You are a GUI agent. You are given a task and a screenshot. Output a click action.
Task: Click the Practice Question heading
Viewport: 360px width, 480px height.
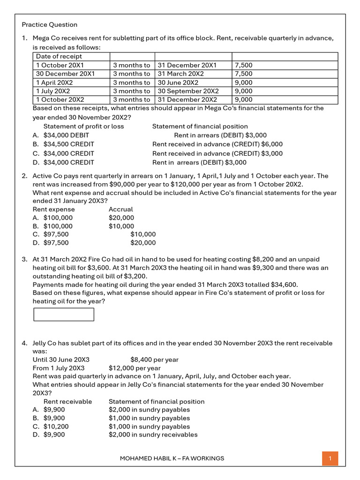tap(50, 25)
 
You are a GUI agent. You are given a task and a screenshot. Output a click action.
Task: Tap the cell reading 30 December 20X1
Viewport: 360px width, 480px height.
tap(65, 74)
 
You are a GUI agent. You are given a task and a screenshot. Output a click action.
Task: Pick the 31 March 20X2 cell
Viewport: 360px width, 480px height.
tap(180, 74)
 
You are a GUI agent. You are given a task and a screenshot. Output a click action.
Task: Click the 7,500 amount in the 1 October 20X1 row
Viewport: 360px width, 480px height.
tap(243, 66)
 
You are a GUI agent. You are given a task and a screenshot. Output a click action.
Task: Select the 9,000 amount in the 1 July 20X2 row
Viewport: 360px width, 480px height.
tap(243, 91)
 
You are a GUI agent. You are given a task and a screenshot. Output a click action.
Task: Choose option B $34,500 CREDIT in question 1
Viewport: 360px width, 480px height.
tap(68, 144)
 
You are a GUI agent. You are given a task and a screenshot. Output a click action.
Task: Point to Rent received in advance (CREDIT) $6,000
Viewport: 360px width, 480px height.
tap(217, 144)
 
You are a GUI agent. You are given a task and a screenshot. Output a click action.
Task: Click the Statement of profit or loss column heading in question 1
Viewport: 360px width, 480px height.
tap(83, 127)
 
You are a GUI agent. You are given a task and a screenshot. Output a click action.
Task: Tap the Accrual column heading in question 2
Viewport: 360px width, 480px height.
tap(120, 210)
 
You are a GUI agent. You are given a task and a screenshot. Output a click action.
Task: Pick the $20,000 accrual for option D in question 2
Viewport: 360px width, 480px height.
tap(143, 243)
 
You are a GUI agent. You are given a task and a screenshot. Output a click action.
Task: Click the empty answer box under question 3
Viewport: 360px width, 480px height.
tap(64, 315)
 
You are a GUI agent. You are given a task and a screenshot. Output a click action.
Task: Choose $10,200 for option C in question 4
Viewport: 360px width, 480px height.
tap(56, 427)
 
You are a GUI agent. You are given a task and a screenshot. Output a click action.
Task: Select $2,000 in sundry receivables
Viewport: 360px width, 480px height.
tap(153, 435)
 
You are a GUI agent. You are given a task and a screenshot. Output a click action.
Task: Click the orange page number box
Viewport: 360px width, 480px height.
tap(330, 458)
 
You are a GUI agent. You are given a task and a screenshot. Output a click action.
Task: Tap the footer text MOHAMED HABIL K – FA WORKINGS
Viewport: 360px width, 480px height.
tap(172, 458)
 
